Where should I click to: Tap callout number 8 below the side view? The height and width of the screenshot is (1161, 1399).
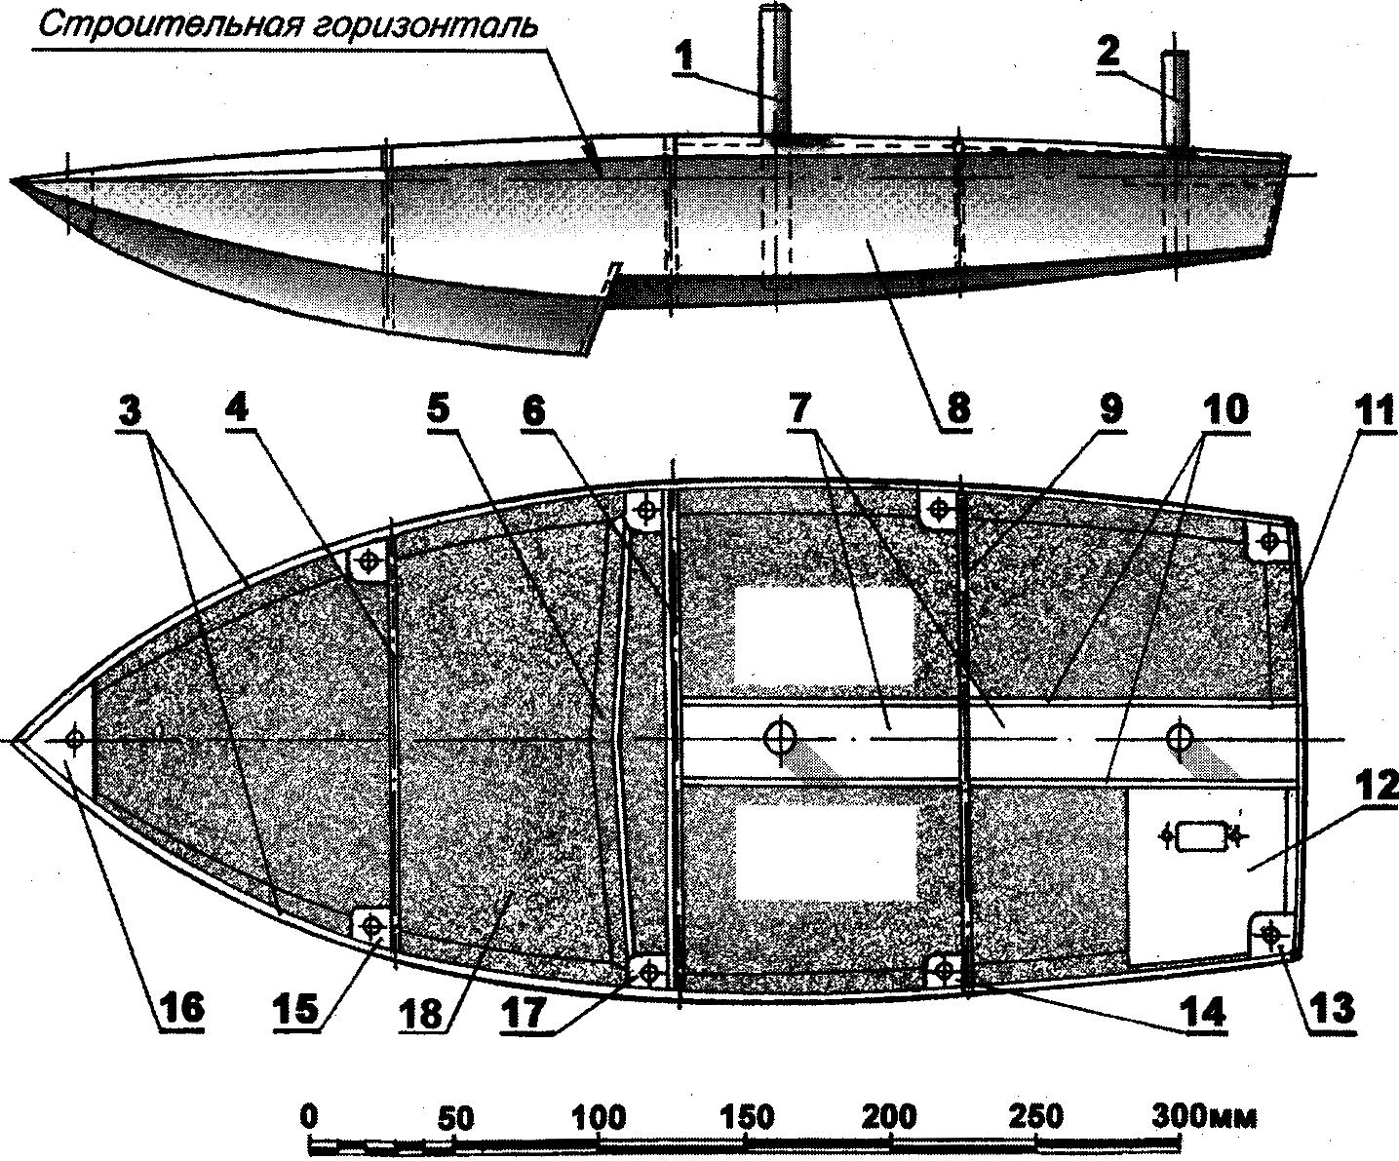pyautogui.click(x=956, y=408)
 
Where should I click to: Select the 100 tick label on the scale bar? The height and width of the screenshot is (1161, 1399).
pyautogui.click(x=599, y=1113)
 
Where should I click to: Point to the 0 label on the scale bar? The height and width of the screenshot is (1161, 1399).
pyautogui.click(x=310, y=1113)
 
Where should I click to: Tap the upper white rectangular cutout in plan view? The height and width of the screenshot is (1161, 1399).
pyautogui.click(x=824, y=635)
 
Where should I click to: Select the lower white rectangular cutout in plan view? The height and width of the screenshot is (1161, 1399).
pyautogui.click(x=824, y=850)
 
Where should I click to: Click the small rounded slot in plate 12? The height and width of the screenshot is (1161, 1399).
pyautogui.click(x=1199, y=835)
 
